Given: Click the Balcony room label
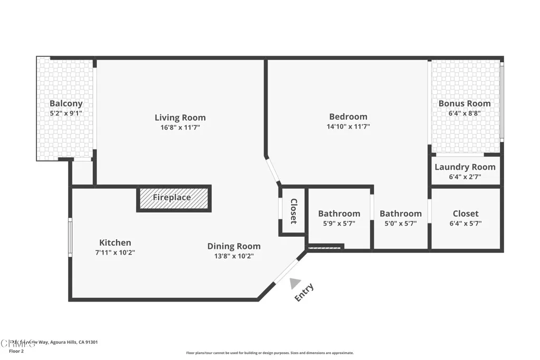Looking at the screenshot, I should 66,104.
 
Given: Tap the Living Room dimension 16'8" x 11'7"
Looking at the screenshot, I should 180,128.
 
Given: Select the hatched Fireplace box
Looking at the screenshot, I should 174,198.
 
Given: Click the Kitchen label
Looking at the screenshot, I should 115,242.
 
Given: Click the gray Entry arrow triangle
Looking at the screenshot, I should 295,283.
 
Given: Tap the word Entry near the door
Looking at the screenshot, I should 304,293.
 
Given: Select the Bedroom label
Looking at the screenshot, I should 348,116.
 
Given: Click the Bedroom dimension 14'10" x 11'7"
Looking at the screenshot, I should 348,127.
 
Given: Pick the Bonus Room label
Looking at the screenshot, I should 465,103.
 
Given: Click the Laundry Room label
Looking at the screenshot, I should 465,167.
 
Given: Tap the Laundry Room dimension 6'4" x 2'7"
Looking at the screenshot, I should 465,177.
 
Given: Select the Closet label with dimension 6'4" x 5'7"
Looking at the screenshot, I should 466,213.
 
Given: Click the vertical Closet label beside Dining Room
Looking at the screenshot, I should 294,211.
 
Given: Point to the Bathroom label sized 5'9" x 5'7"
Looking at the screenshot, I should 339,213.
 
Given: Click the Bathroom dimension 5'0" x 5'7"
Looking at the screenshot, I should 401,223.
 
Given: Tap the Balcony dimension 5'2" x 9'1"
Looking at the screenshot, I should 66,113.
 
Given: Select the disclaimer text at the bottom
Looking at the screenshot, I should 269,353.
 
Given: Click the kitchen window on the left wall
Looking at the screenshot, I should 70,238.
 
